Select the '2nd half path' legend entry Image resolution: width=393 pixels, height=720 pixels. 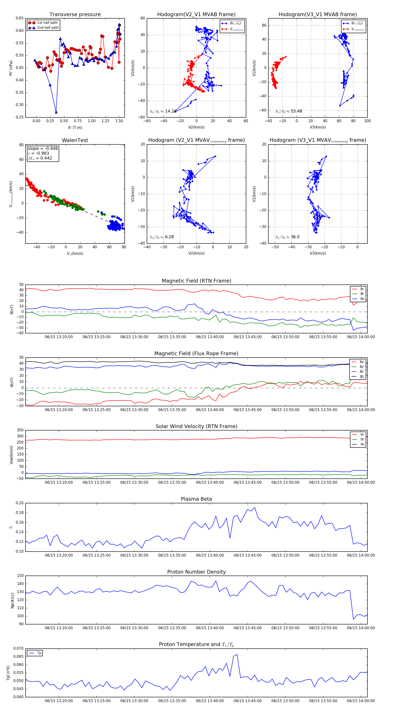pyautogui.click(x=48, y=28)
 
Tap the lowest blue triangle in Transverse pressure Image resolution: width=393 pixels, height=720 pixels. pyautogui.click(x=56, y=112)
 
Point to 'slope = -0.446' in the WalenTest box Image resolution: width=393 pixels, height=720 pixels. pyautogui.click(x=43, y=148)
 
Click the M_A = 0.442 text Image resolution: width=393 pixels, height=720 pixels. pyautogui.click(x=40, y=158)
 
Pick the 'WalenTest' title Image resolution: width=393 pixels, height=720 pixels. pyautogui.click(x=75, y=140)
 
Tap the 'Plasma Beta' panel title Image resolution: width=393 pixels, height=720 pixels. pyautogui.click(x=196, y=499)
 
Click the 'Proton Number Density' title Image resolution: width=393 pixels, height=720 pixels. pyautogui.click(x=196, y=572)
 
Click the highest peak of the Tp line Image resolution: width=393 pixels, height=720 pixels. pyautogui.click(x=237, y=654)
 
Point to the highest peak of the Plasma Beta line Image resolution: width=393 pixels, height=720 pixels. pyautogui.click(x=255, y=507)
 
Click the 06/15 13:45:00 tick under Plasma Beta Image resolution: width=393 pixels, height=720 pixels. pyautogui.click(x=248, y=555)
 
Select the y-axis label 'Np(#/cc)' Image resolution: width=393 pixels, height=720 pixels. pyautogui.click(x=12, y=600)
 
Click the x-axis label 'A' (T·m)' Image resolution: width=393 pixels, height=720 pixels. pyautogui.click(x=75, y=127)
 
